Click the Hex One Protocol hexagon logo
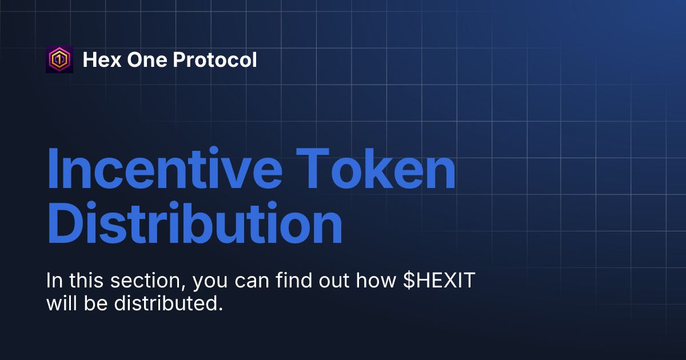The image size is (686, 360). click(59, 59)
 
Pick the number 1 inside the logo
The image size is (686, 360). click(59, 59)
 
